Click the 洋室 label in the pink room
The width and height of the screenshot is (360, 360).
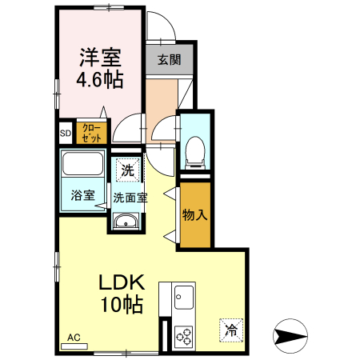pyautogui.click(x=100, y=57)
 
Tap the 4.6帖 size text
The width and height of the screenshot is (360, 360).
pyautogui.click(x=100, y=79)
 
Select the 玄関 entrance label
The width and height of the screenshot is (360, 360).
pyautogui.click(x=170, y=60)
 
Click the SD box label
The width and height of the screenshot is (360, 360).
pyautogui.click(x=66, y=133)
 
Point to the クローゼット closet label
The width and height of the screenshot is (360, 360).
pyautogui.click(x=91, y=133)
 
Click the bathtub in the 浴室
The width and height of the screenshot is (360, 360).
pyautogui.click(x=82, y=163)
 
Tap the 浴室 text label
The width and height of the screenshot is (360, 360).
pyautogui.click(x=82, y=195)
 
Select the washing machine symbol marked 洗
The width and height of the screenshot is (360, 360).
pyautogui.click(x=128, y=170)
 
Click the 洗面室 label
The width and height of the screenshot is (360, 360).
pyautogui.click(x=130, y=198)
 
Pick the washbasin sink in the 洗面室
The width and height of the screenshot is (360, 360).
pyautogui.click(x=126, y=221)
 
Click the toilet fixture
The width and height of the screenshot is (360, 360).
pyautogui.click(x=195, y=153)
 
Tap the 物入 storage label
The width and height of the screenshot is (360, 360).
pyautogui.click(x=194, y=214)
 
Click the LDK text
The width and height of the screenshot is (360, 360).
pyautogui.click(x=122, y=282)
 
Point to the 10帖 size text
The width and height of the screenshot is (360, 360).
pyautogui.click(x=122, y=304)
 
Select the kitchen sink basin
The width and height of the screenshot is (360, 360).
pyautogui.click(x=184, y=298)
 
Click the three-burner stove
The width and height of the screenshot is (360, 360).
pyautogui.click(x=184, y=336)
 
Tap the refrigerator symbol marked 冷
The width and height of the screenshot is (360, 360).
pyautogui.click(x=231, y=330)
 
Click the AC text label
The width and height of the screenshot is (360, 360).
pyautogui.click(x=74, y=338)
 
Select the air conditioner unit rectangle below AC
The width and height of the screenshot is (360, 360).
pyautogui.click(x=74, y=346)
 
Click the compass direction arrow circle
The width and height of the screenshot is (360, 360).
pyautogui.click(x=290, y=336)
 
